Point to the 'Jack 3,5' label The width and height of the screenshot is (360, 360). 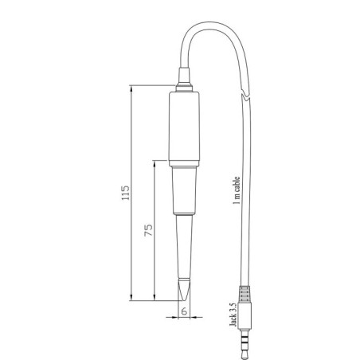coord(232,315)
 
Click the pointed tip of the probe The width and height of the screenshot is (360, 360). coord(184,293)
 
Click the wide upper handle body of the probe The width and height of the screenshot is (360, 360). coord(183,123)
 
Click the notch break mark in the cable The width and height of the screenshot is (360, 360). coord(249,99)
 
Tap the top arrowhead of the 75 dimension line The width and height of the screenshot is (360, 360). coord(155,162)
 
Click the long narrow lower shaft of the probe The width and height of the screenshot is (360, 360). coord(184,247)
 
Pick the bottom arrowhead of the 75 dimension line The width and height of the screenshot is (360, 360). coord(155,299)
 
